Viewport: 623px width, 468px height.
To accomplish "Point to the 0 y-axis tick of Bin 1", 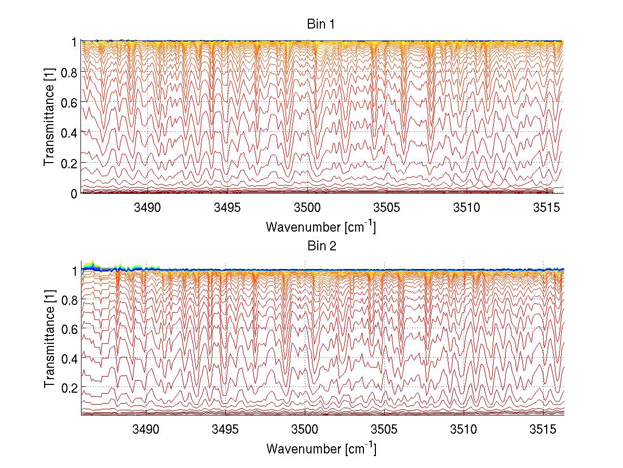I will point(74,193).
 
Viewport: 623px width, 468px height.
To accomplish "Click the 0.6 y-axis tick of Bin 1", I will point(70,102).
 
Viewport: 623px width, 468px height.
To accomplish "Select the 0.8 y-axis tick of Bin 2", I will point(70,300).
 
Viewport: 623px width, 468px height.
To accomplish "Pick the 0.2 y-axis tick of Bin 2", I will point(70,387).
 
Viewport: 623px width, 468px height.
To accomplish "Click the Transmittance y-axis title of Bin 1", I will point(49,117).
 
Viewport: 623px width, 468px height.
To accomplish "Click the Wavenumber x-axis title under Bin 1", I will point(320,227).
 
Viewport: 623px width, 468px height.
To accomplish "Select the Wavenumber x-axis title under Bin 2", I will point(320,448).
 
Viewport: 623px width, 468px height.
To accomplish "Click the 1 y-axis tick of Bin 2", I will point(74,271).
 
